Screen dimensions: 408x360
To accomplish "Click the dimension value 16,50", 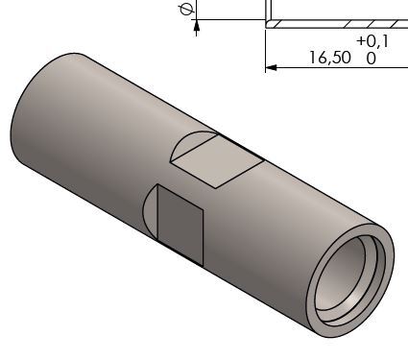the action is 330,58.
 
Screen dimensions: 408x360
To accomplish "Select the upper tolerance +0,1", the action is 372,41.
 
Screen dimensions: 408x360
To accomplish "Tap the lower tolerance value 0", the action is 371,59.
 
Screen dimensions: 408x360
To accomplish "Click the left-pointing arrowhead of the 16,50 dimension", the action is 271,67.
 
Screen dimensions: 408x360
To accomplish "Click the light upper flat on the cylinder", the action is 218,160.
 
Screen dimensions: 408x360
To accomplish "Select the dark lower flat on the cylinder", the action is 180,224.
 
